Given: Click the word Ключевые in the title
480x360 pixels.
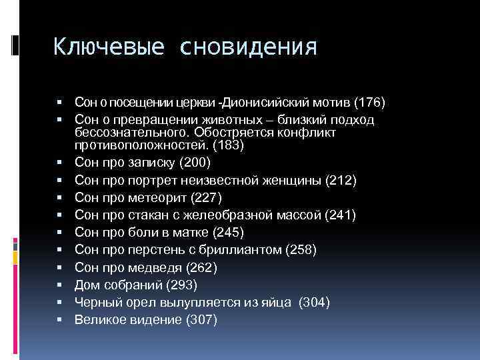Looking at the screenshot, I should pyautogui.click(x=99, y=47).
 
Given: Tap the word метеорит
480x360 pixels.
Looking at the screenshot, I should pyautogui.click(x=163, y=197).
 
